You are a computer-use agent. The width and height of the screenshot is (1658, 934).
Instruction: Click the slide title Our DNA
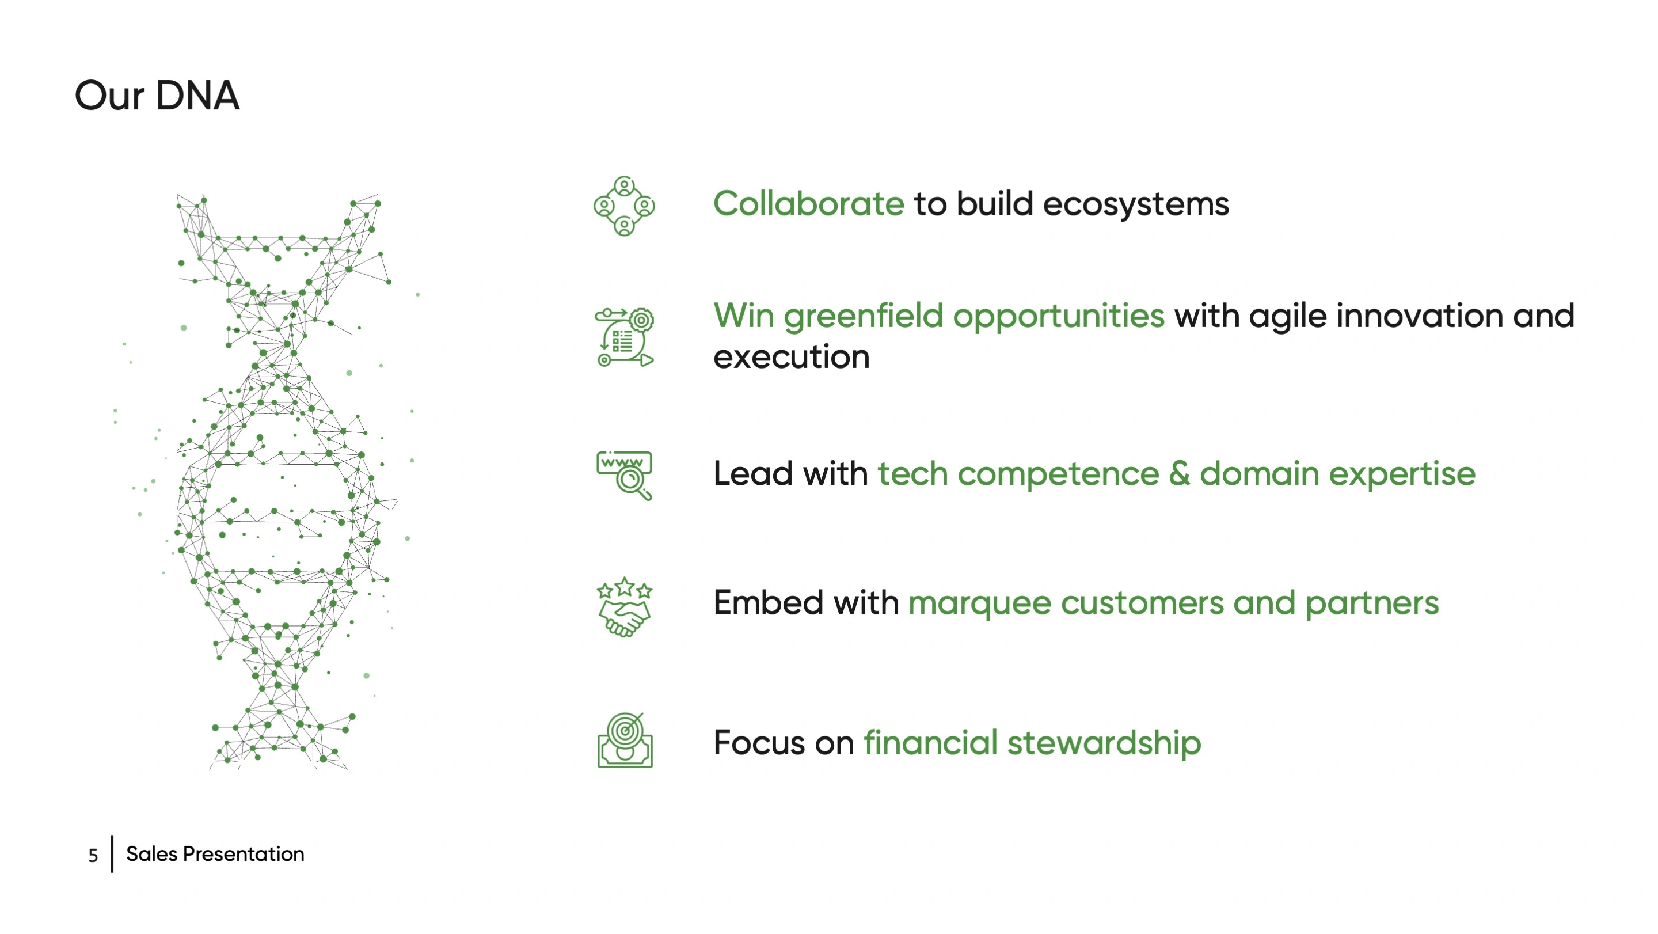point(157,96)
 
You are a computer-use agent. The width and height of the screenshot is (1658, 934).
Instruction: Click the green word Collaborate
point(808,203)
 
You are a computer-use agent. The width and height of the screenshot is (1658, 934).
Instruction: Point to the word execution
point(791,357)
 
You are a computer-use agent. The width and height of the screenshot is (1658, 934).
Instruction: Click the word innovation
point(1419,316)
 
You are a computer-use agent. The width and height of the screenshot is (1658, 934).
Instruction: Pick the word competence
point(1058,475)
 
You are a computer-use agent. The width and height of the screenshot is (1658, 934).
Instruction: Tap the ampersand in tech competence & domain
point(1179,473)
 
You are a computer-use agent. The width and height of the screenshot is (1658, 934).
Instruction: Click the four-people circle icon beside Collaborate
point(623,206)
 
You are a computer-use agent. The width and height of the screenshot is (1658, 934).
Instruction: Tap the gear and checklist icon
point(623,337)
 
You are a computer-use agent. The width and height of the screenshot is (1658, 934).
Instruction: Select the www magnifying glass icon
point(623,475)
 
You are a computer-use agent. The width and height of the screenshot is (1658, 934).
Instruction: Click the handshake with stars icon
point(623,607)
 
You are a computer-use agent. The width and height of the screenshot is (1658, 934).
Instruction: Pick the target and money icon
point(624,741)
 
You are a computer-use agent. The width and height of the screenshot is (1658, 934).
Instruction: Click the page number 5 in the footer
point(93,856)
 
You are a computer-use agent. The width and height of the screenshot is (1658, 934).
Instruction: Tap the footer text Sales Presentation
point(215,854)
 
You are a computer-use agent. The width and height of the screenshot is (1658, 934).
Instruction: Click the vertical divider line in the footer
point(112,854)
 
